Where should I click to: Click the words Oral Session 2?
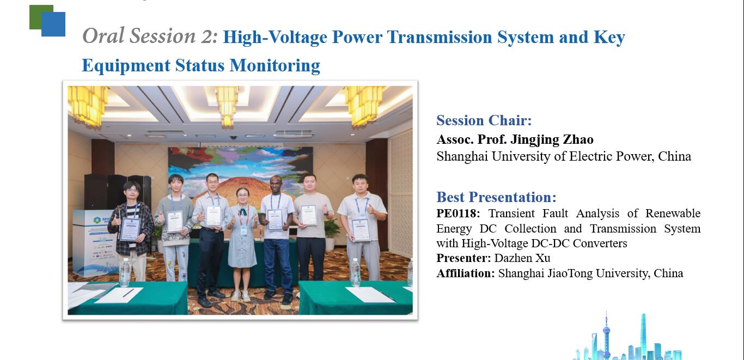pos(150,36)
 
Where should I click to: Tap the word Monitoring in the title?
pos(275,65)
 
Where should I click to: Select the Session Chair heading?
pos(484,120)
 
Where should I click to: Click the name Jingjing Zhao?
pos(552,140)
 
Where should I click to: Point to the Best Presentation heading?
pos(496,197)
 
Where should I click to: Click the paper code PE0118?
pos(458,213)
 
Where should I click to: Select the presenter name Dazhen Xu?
pos(522,258)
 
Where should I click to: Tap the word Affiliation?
pos(465,273)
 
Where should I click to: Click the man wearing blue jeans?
pos(276,239)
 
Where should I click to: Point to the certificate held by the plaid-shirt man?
pos(130,229)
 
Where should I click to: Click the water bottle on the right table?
pos(356,272)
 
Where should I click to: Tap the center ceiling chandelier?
pos(227,106)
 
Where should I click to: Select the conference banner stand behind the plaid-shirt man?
pos(94,242)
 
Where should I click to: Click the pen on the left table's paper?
pos(128,293)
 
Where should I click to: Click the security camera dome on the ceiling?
pos(234,137)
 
